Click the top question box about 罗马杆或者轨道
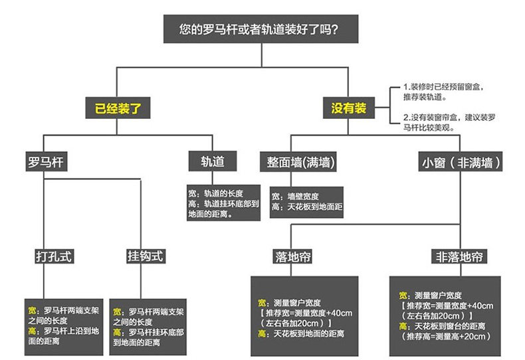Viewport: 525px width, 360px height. [262, 29]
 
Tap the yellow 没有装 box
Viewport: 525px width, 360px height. [349, 108]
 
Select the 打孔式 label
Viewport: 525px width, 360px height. [53, 256]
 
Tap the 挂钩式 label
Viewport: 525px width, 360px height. [145, 256]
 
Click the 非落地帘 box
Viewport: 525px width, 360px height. [459, 256]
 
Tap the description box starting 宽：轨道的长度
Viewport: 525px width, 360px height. [223, 203]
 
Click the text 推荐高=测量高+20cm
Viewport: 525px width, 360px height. [442, 336]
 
